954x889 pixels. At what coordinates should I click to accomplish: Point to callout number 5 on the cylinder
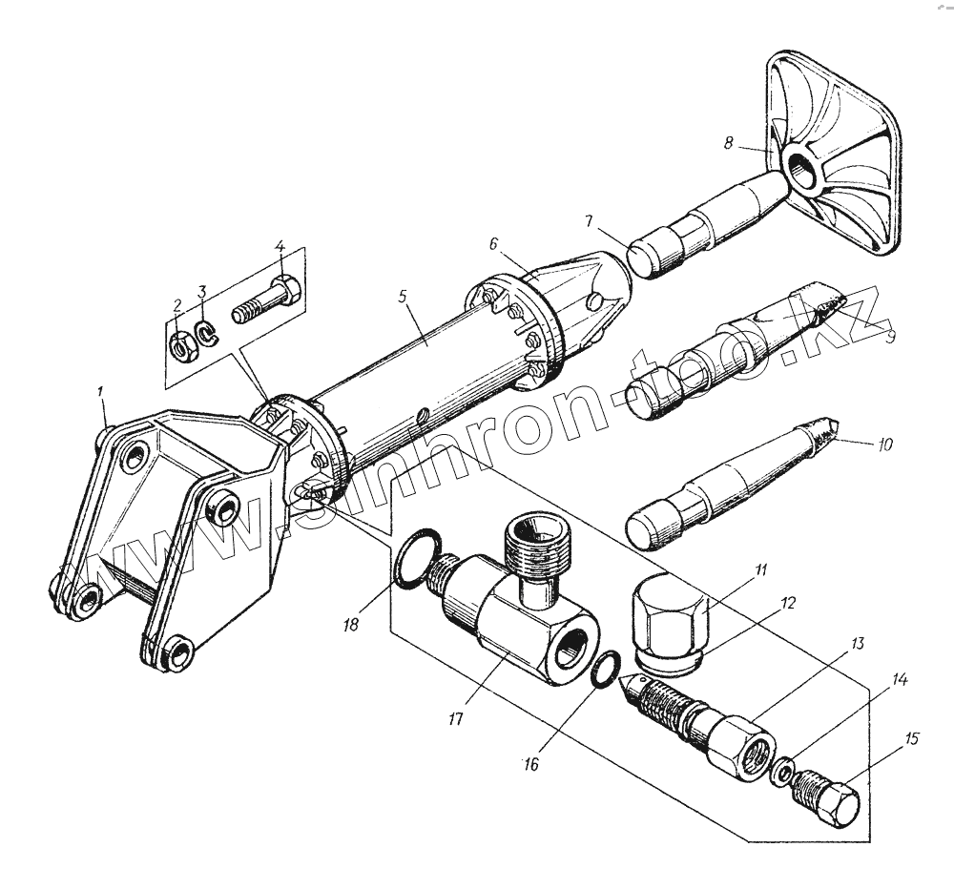[403, 297]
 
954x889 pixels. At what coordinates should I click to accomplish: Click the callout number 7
[591, 222]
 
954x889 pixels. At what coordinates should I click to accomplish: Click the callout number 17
[455, 717]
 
